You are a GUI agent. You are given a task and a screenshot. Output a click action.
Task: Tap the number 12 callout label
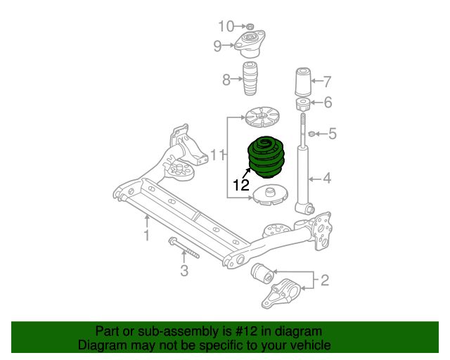tap(241, 186)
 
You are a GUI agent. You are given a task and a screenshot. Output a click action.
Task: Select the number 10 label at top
tap(226, 27)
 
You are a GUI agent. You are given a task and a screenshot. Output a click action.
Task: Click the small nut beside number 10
tap(250, 27)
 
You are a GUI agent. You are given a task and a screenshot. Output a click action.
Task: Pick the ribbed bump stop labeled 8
tap(251, 78)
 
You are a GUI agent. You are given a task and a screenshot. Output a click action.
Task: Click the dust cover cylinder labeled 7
tap(303, 82)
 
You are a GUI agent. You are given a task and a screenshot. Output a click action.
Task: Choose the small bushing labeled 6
tap(303, 104)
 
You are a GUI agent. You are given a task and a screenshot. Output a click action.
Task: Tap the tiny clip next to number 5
tap(311, 134)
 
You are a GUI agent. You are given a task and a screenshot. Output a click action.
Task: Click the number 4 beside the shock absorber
tap(327, 179)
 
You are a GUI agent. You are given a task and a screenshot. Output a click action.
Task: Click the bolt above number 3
tap(184, 247)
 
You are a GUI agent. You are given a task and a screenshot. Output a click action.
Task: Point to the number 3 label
tap(184, 271)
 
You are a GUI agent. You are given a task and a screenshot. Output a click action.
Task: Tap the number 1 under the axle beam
tap(147, 235)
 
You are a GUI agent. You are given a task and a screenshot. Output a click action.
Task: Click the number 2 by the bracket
tap(325, 280)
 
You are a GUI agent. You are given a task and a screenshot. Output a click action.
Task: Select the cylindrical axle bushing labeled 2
tap(262, 272)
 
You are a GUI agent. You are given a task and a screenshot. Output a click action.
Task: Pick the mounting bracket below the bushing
tap(281, 293)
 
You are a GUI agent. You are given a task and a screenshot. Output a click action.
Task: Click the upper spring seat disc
tap(262, 117)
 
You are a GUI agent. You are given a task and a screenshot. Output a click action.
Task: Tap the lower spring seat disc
tap(270, 195)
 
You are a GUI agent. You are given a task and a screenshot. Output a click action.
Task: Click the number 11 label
tap(217, 155)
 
